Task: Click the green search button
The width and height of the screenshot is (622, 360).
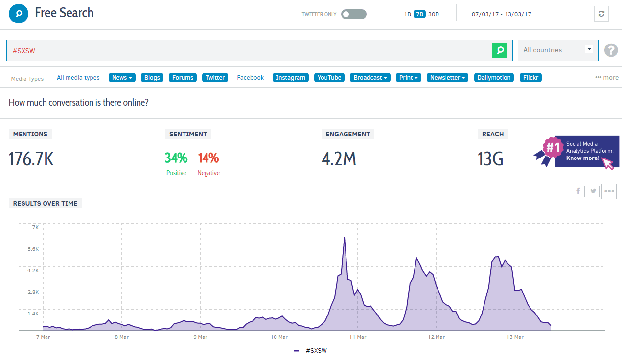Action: tap(500, 50)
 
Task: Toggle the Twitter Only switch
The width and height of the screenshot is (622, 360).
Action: tap(353, 14)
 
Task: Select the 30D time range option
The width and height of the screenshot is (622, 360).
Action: tap(434, 14)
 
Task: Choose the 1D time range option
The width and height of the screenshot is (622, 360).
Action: tap(407, 14)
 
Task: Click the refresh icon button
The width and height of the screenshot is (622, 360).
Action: tap(601, 14)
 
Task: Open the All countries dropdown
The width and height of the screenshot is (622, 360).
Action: tap(558, 50)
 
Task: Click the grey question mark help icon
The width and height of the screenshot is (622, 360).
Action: tap(611, 50)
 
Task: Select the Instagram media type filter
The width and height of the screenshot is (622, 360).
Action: tap(291, 78)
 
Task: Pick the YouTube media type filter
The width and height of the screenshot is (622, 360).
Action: tap(329, 78)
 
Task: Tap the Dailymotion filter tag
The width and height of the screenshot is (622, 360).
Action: tap(494, 78)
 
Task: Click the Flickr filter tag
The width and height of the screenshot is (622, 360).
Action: tap(530, 78)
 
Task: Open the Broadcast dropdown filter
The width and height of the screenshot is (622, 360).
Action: tap(370, 78)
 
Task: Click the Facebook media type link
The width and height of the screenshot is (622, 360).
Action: tap(250, 78)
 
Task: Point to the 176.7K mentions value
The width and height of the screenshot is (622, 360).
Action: tap(31, 159)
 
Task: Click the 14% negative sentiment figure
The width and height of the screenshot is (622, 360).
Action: tap(208, 158)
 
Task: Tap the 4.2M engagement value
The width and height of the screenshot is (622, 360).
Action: tap(339, 159)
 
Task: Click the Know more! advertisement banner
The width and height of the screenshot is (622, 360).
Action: tap(586, 152)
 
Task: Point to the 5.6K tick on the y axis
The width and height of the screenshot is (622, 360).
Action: tap(32, 249)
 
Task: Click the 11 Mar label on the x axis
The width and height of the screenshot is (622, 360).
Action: tap(358, 337)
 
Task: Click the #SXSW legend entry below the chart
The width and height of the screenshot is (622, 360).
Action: tap(311, 351)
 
